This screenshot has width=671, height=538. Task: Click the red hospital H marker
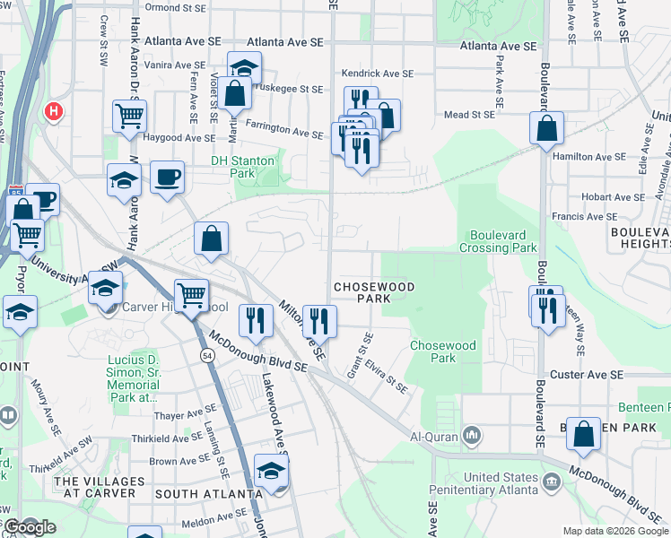pos(54,112)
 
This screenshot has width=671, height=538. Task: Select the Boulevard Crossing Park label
pos(500,241)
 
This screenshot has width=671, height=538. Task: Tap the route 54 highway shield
pos(205,357)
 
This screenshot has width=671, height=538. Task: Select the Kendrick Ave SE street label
pos(377,74)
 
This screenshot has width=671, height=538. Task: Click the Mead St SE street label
pos(469,115)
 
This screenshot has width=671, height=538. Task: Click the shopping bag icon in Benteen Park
pos(583,434)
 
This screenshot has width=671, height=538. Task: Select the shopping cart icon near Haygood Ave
pos(129,116)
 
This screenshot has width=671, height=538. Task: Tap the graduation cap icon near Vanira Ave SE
pos(244,67)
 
